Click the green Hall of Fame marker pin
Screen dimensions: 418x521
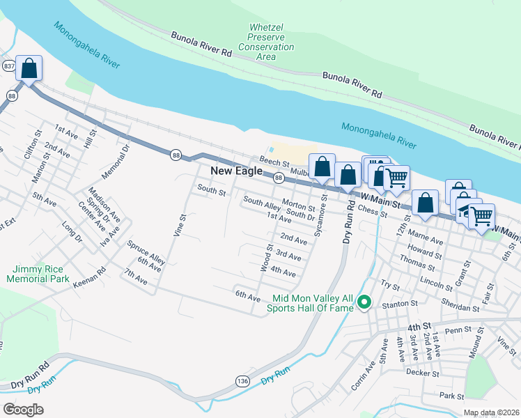[x=363, y=302]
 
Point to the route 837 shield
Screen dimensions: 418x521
[x=9, y=65]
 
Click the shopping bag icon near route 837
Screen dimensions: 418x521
[x=29, y=70]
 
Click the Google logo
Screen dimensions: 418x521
[x=24, y=409]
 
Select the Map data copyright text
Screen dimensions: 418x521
[x=490, y=412]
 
